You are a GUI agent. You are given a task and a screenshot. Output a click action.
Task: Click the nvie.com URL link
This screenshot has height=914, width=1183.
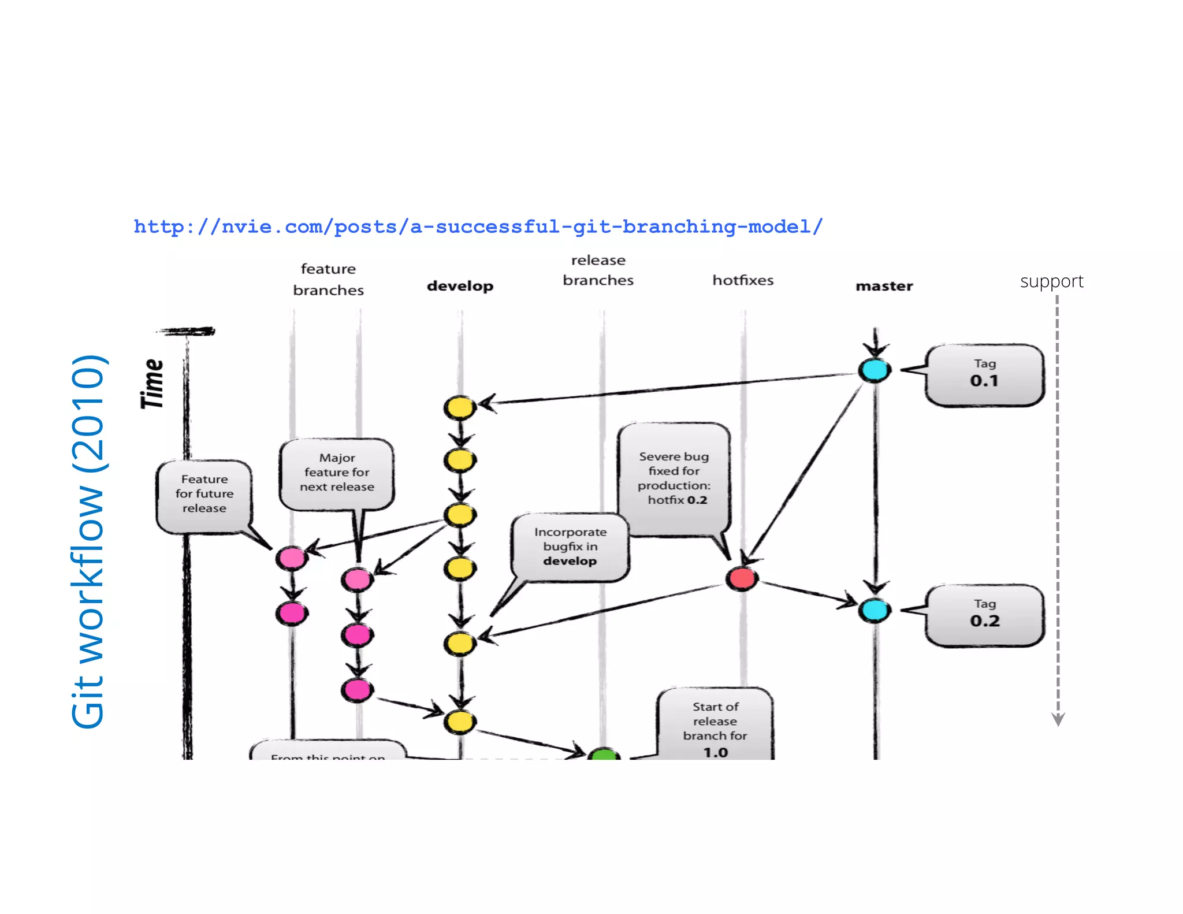coord(478,226)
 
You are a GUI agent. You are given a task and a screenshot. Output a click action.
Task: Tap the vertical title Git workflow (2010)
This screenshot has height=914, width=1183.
coord(88,541)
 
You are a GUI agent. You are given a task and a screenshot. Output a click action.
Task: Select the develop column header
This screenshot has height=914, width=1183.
coord(460,286)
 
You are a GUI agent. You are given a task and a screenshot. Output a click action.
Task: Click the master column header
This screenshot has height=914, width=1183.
coord(884,286)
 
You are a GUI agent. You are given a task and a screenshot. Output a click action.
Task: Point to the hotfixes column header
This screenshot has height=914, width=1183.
coord(742,280)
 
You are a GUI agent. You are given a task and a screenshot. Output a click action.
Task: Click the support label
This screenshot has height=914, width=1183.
coord(1051,281)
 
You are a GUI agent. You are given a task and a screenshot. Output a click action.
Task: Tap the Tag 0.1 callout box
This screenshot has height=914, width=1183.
coord(984,374)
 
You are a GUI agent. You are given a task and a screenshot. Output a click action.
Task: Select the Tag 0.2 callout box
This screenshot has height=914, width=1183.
coord(984,615)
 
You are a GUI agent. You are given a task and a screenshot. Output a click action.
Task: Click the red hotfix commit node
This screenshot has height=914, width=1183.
coord(742,578)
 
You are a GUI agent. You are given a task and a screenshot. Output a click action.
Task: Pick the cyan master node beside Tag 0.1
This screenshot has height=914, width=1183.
coord(874,370)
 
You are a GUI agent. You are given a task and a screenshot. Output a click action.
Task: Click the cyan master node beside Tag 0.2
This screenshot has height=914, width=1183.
coord(875,610)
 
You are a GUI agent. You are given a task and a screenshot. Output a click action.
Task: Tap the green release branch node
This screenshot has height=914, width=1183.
coord(604,753)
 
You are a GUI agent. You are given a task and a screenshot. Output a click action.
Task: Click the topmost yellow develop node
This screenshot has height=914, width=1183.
coord(460,407)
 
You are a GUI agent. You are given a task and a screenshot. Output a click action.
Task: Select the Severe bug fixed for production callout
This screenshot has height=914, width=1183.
coord(674,478)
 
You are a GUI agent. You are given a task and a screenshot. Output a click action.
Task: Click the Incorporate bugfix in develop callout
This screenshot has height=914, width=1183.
coord(570,547)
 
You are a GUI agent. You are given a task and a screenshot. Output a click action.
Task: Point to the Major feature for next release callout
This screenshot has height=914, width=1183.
coord(337,473)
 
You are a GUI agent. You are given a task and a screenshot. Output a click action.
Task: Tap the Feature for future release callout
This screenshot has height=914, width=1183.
coord(204,495)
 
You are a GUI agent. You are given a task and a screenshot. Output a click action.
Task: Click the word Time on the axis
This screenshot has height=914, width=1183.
coord(153,384)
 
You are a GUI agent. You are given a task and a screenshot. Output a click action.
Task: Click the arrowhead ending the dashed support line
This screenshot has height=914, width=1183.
coord(1058,719)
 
